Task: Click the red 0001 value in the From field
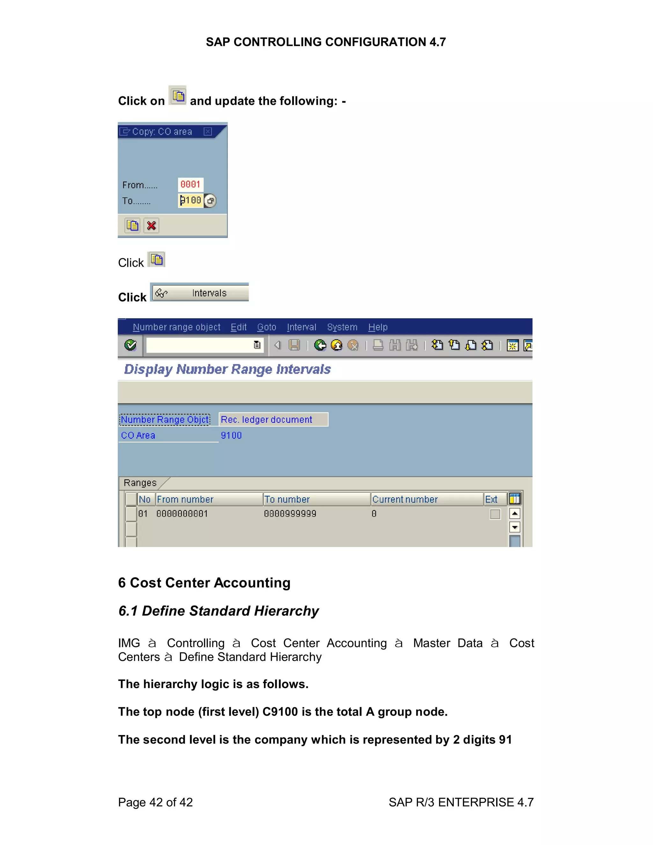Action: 190,185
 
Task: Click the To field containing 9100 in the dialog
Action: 191,201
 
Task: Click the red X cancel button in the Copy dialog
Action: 151,225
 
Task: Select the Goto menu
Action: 267,327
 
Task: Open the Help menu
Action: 378,327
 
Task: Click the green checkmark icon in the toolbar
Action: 130,345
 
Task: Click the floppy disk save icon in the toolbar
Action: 294,345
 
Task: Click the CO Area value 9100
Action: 231,435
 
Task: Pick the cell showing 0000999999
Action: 290,514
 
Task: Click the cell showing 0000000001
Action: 182,514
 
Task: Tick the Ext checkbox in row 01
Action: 495,514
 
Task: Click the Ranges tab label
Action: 140,483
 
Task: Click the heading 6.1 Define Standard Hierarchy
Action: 218,611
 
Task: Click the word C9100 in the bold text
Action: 280,712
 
